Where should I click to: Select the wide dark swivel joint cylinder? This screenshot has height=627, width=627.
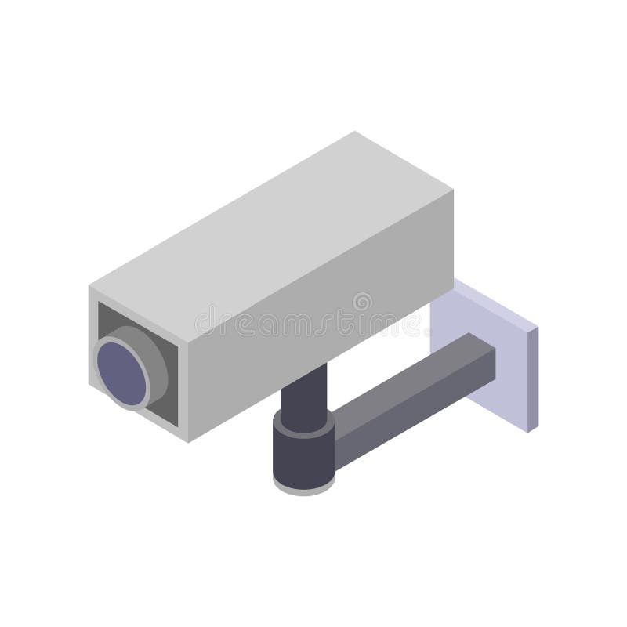(303, 455)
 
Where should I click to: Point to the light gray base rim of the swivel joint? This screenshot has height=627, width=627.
(303, 489)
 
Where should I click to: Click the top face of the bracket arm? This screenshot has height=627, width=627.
(408, 376)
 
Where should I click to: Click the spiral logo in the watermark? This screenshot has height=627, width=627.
(362, 303)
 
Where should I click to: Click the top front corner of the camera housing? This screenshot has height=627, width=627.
(89, 286)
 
